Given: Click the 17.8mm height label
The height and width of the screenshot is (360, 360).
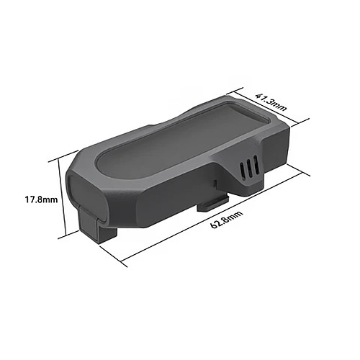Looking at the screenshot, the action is [x=42, y=199].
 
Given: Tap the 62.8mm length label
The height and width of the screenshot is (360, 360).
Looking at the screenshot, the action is [x=227, y=220].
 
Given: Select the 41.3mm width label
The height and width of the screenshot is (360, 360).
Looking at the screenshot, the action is [x=271, y=102].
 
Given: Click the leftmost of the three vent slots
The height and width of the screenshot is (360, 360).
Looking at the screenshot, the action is [x=243, y=171].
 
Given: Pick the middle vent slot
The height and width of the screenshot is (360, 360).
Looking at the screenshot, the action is [x=250, y=167].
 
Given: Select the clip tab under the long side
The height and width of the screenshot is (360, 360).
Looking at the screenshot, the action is [x=212, y=204].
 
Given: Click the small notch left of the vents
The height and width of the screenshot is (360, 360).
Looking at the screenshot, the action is [x=215, y=184].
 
